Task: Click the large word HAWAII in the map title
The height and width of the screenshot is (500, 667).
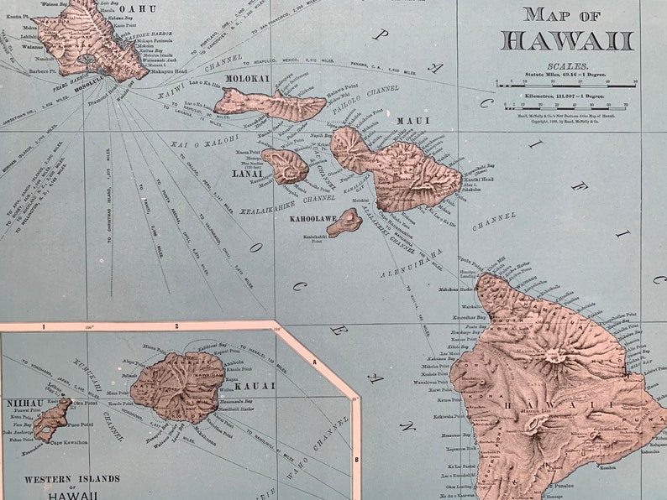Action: click(566, 39)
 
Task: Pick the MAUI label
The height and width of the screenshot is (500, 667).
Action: click(412, 121)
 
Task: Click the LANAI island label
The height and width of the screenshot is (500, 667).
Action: click(247, 174)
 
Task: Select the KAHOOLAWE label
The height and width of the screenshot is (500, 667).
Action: click(312, 219)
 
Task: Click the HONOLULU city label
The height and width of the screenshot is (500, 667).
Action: click(90, 81)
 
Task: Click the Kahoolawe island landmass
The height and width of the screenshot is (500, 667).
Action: click(345, 222)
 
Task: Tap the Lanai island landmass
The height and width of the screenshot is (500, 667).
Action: click(286, 166)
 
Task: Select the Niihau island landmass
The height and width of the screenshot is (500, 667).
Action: click(51, 419)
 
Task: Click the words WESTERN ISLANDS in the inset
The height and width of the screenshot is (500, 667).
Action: click(71, 479)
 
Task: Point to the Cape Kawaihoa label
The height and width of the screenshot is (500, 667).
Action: click(68, 442)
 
